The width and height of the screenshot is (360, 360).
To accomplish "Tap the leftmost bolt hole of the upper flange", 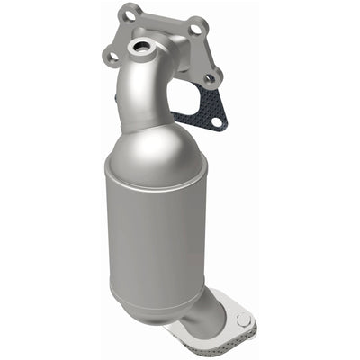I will [112, 57].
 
